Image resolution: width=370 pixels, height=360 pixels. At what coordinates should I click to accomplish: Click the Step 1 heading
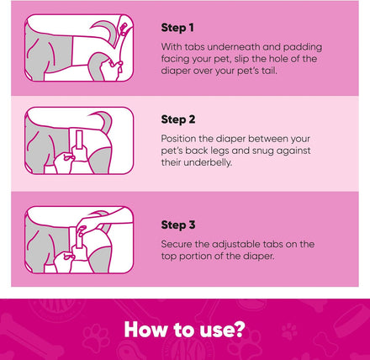(x=177, y=28)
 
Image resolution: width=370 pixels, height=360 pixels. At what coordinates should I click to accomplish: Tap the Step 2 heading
(x=178, y=119)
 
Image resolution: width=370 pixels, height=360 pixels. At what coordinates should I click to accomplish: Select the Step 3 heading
(x=178, y=225)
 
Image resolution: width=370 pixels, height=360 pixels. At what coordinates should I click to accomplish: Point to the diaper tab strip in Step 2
(x=79, y=140)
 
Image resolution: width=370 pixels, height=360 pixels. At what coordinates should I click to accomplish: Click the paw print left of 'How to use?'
(x=96, y=335)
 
